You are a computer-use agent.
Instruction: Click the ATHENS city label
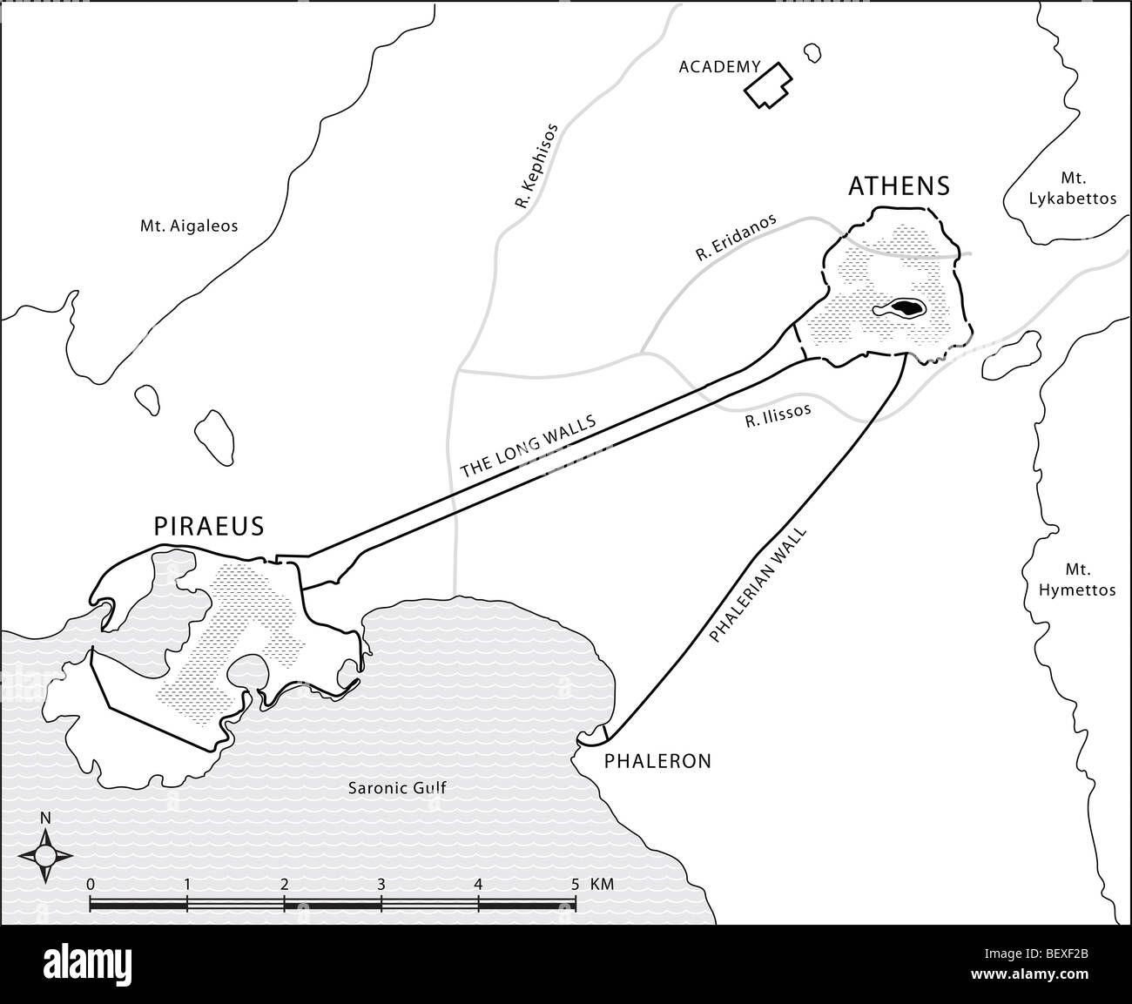click(x=899, y=185)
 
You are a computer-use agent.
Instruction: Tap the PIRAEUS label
click(x=209, y=526)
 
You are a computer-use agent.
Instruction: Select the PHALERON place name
click(x=657, y=761)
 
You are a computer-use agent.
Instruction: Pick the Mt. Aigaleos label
click(x=189, y=226)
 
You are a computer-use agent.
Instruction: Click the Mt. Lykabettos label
click(x=1072, y=189)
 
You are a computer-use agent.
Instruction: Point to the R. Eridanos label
click(x=736, y=238)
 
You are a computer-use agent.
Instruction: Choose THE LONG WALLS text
click(x=528, y=446)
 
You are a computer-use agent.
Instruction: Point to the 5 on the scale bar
click(x=574, y=885)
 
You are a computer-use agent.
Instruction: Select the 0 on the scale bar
click(x=91, y=885)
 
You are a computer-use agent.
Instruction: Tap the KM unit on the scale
click(x=602, y=885)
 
